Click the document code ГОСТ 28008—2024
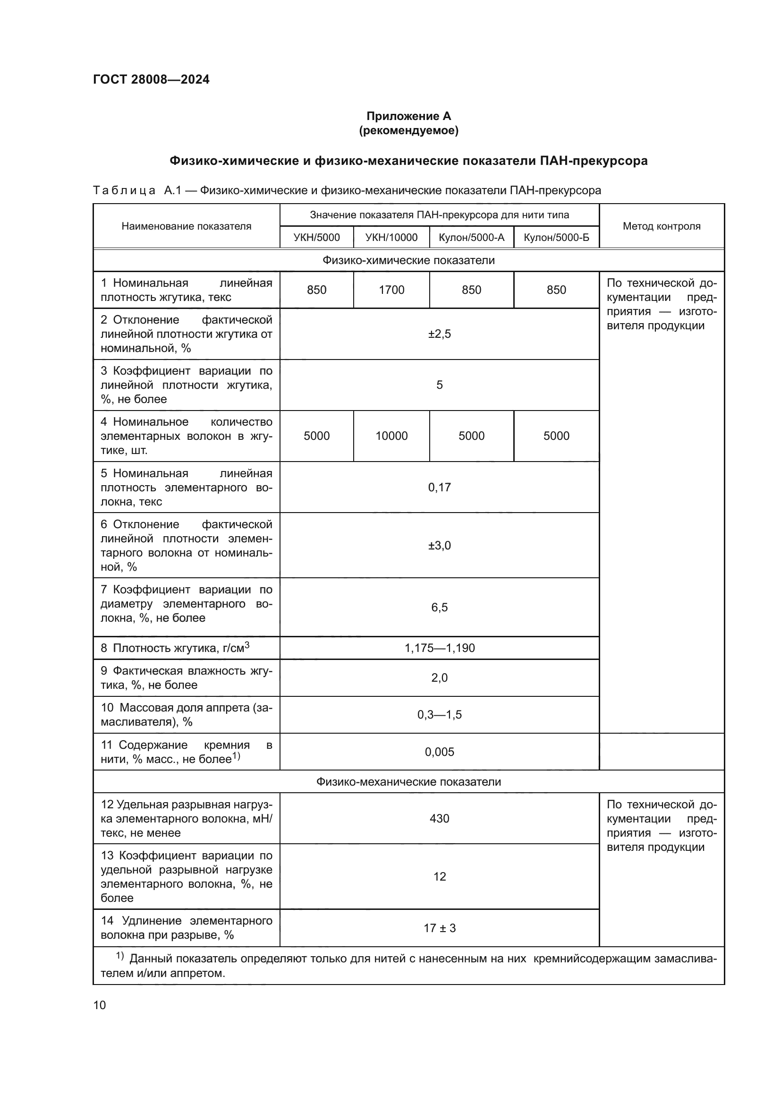[151, 80]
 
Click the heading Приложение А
[408, 116]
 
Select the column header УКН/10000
[391, 237]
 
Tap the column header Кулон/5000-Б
[556, 237]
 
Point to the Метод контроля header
[661, 226]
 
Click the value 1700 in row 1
[391, 290]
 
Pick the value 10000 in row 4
[391, 436]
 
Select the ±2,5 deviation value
[439, 334]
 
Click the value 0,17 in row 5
[439, 488]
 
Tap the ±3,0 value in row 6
[439, 545]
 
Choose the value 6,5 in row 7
[439, 608]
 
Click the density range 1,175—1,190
[439, 648]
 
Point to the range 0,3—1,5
[439, 715]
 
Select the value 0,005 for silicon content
[439, 752]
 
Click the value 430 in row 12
[439, 819]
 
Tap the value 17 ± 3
[439, 928]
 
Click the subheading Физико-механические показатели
[408, 781]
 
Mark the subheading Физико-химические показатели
[408, 260]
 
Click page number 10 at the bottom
[100, 1005]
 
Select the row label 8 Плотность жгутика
[175, 648]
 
